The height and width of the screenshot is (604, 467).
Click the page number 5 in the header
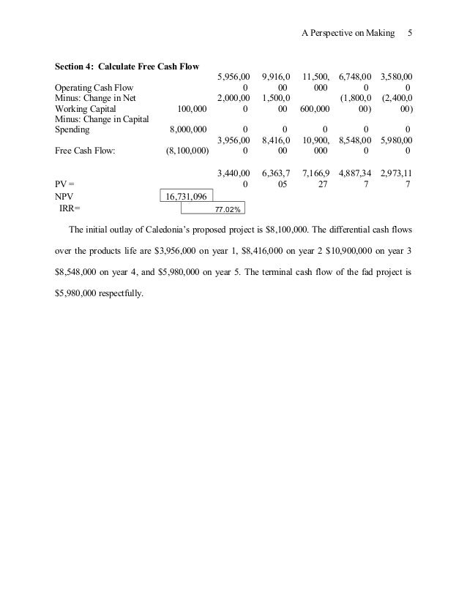[x=411, y=34]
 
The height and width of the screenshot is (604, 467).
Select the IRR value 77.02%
[x=226, y=208]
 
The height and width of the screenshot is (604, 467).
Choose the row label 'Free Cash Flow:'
[x=84, y=151]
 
